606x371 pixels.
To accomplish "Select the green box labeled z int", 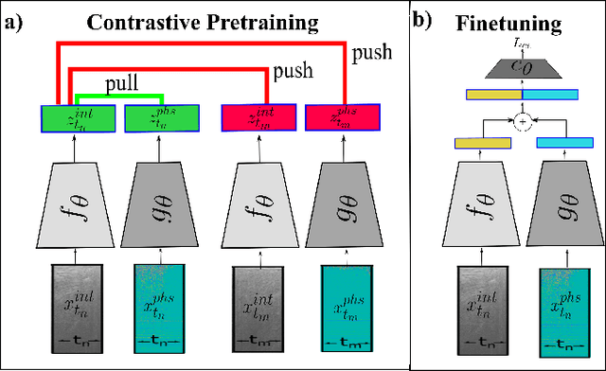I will tap(71, 118).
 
